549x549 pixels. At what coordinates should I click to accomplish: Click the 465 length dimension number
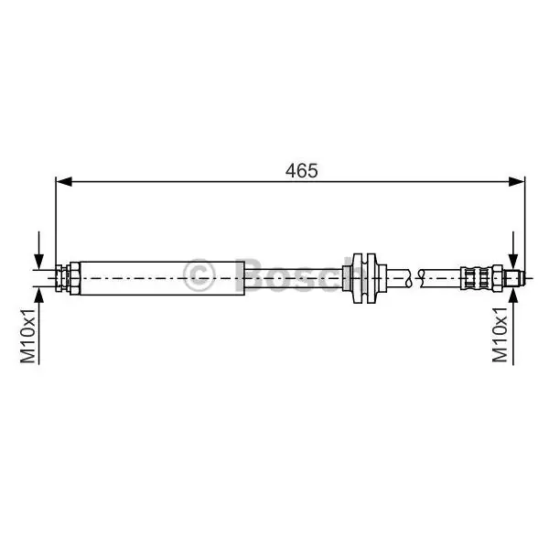[x=301, y=171]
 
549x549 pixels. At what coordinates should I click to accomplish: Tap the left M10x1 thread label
[x=28, y=336]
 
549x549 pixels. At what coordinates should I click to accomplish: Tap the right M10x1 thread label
[x=500, y=335]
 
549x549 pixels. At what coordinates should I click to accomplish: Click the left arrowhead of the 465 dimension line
[x=64, y=182]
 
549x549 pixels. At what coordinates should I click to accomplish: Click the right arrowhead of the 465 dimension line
[x=517, y=182]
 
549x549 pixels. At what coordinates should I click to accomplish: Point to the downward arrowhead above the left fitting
[x=38, y=262]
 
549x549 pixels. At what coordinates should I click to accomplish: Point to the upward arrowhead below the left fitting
[x=38, y=295]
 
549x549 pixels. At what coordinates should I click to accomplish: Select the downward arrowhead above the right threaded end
[x=513, y=262]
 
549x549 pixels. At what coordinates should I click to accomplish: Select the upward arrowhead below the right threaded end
[x=513, y=295]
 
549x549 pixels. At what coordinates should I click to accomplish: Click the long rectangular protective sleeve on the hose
[x=162, y=278]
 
